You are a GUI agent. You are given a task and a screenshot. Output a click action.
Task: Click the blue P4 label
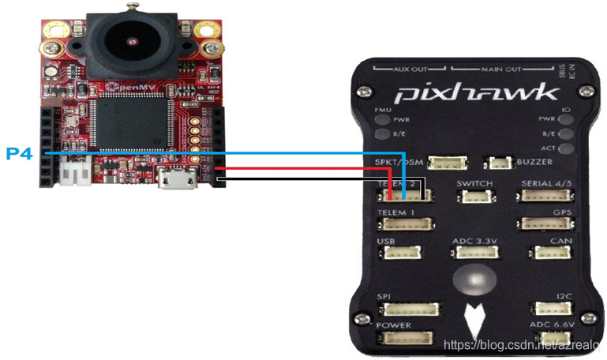(x=20, y=153)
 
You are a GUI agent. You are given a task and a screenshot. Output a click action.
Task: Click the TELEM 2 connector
(x=407, y=193)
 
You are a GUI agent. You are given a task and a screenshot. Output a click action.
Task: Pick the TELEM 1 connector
(x=406, y=223)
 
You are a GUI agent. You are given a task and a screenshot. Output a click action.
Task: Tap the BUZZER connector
(x=499, y=163)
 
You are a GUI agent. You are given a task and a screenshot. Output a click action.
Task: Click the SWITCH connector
(x=474, y=194)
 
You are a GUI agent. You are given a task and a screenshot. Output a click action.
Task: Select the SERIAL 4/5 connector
(x=544, y=194)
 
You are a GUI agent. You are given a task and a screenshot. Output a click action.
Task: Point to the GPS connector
(x=544, y=223)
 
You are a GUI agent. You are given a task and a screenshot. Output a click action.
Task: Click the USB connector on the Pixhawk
(x=397, y=253)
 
